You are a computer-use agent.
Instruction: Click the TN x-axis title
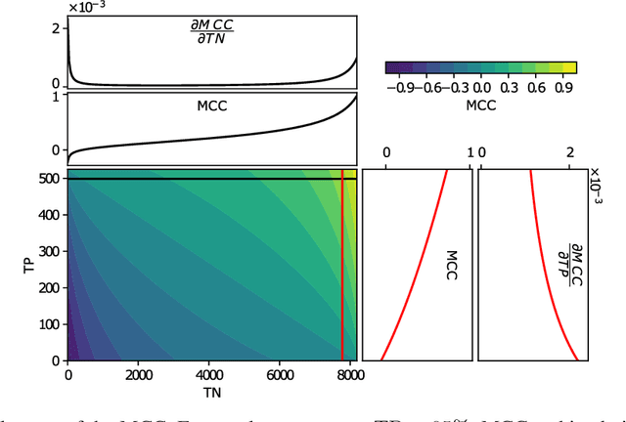(x=210, y=393)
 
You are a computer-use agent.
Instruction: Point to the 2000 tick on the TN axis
(x=137, y=375)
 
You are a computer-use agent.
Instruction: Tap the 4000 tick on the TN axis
(x=208, y=375)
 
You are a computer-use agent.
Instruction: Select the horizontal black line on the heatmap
(x=196, y=179)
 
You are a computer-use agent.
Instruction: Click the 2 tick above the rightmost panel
(x=569, y=153)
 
